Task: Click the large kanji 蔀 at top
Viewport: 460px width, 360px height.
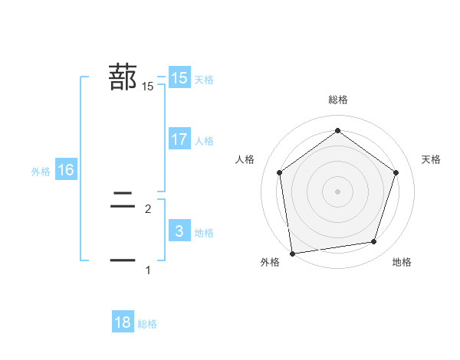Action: (123, 77)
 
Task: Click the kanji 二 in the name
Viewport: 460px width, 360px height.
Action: (123, 202)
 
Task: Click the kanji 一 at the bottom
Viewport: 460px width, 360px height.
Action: (123, 260)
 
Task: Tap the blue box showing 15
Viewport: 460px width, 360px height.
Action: (179, 78)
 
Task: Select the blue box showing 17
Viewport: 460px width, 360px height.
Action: (179, 139)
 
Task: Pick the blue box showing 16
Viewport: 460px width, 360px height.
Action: (66, 170)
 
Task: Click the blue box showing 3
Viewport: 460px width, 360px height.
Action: (179, 231)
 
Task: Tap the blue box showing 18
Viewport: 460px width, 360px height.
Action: (123, 322)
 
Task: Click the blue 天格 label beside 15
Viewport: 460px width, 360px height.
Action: (204, 79)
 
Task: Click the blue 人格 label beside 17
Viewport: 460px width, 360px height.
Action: (204, 140)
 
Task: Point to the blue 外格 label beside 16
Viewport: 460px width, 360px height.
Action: (41, 172)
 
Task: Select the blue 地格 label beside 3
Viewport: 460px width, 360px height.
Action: (204, 232)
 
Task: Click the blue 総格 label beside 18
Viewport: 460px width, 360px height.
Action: (147, 324)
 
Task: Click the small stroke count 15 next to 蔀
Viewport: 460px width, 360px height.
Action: (148, 87)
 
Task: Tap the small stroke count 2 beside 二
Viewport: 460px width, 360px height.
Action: (148, 208)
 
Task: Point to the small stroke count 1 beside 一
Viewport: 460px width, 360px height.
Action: (148, 270)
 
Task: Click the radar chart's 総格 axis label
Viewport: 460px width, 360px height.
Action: (337, 100)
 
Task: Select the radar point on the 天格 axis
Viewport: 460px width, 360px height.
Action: (396, 172)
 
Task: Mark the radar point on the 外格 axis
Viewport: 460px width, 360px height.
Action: (292, 253)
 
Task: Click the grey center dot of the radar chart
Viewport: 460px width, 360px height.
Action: (337, 191)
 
